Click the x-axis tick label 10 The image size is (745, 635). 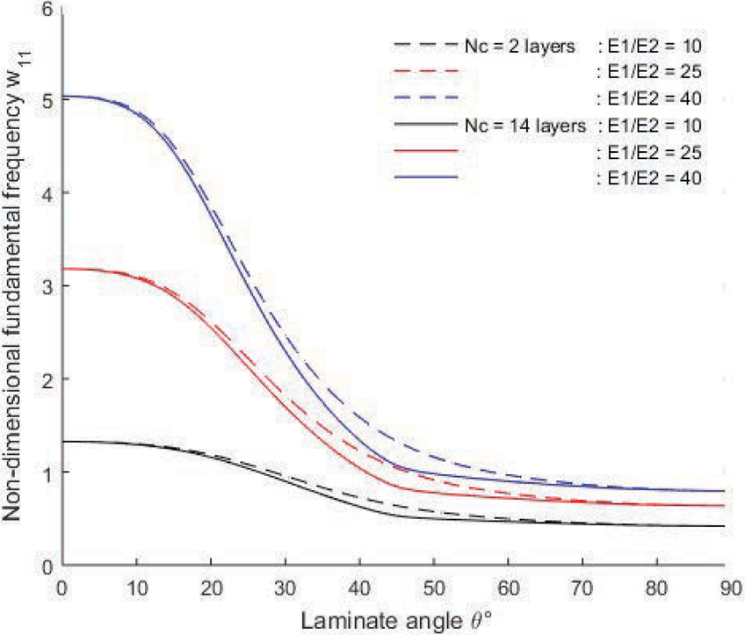point(136,584)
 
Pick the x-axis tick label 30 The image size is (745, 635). point(283,584)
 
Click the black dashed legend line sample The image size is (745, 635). point(428,43)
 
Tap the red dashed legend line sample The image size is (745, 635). point(428,70)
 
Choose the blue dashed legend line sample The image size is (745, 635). point(428,97)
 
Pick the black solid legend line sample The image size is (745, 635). point(428,126)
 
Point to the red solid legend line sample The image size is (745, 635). point(428,152)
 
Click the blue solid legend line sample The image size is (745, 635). point(428,179)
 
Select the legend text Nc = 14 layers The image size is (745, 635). point(524,126)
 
